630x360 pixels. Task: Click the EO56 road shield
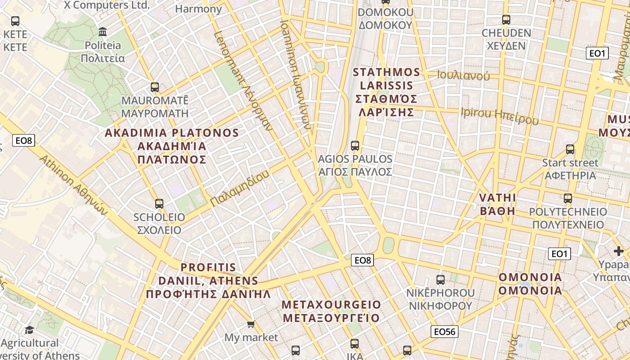(x=444, y=332)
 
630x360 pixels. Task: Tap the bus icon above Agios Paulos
(x=355, y=145)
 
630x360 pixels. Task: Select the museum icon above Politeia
(x=103, y=32)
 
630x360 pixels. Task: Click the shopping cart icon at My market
(x=251, y=324)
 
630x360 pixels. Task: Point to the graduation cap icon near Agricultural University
(x=29, y=330)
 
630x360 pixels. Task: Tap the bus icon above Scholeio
(x=159, y=203)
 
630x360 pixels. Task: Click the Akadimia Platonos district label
(x=171, y=146)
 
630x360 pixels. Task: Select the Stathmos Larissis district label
(x=387, y=92)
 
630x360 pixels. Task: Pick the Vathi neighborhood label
(x=497, y=204)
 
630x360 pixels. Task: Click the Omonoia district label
(x=530, y=283)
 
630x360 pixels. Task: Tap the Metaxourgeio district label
(x=331, y=311)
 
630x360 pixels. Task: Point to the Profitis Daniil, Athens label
(x=208, y=281)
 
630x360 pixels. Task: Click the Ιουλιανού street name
(x=463, y=76)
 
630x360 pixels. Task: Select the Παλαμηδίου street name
(x=240, y=188)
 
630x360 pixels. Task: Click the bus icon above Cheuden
(x=506, y=20)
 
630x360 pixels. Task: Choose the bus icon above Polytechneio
(x=568, y=198)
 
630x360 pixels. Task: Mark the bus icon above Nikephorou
(x=441, y=279)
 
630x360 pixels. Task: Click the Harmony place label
(x=198, y=9)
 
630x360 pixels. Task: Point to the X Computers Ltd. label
(x=106, y=5)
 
